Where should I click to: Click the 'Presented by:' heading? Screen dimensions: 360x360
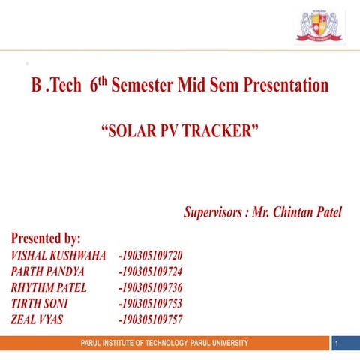pos(46,238)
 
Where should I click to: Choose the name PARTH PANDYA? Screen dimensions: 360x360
pos(47,271)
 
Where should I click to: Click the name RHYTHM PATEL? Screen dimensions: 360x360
pos(49,287)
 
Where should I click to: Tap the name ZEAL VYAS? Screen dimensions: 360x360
pos(37,319)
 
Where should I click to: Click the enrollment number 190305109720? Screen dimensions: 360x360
pos(151,256)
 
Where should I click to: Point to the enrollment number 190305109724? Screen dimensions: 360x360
pos(151,271)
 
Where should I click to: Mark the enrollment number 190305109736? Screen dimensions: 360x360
pos(151,287)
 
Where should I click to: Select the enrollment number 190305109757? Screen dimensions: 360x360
pos(151,319)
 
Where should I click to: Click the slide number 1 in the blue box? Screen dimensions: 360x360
pos(340,343)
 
